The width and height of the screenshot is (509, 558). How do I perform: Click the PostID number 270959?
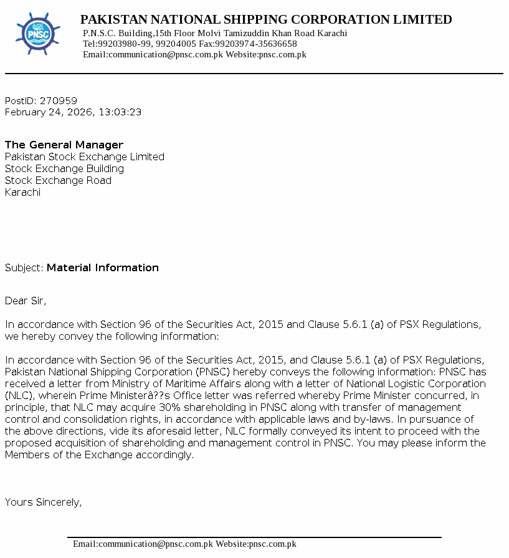[59, 100]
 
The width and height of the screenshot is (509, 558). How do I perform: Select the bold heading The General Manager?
[64, 145]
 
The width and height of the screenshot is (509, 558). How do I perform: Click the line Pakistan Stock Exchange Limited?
[85, 156]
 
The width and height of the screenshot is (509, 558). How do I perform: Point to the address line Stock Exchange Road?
[58, 180]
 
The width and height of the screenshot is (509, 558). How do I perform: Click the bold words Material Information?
[103, 267]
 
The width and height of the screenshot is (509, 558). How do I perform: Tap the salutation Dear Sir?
[26, 301]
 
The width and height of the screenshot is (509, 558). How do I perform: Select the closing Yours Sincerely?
[43, 502]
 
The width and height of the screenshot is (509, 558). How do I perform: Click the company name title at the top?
[266, 19]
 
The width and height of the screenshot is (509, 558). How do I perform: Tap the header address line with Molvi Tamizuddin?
[215, 33]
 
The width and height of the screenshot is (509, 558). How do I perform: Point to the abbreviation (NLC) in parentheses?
[18, 395]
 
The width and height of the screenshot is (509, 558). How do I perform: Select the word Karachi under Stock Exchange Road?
[22, 192]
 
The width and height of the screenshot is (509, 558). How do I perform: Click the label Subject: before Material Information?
[24, 267]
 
